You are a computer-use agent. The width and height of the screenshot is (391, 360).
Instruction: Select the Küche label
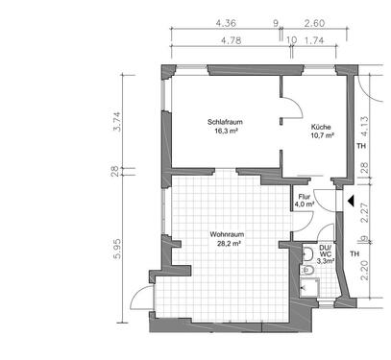pos(321,127)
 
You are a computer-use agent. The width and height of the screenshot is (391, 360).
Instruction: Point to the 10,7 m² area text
pos(322,136)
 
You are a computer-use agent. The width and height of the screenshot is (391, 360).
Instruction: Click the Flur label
pos(305,196)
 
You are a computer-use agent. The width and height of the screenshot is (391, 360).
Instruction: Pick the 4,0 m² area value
pos(305,204)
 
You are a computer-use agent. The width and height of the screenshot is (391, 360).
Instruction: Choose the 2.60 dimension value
pos(313,21)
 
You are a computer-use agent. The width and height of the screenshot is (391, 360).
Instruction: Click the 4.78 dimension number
pos(230,41)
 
